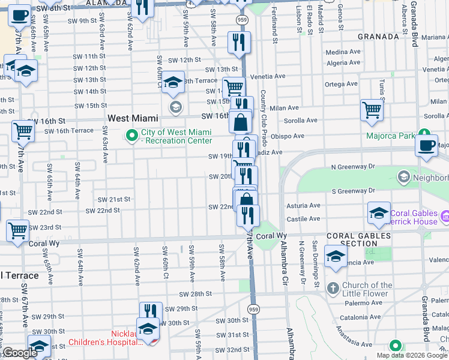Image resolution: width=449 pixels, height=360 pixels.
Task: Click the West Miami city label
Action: [133, 119]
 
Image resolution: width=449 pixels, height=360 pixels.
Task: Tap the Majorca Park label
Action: [391, 136]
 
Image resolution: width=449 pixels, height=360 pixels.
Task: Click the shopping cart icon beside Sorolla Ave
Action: [372, 110]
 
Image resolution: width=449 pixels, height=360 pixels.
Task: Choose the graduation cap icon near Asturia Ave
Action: [379, 214]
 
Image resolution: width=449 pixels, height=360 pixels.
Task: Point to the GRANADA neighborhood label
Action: [378, 37]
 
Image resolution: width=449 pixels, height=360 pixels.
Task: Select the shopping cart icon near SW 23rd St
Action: [17, 230]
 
